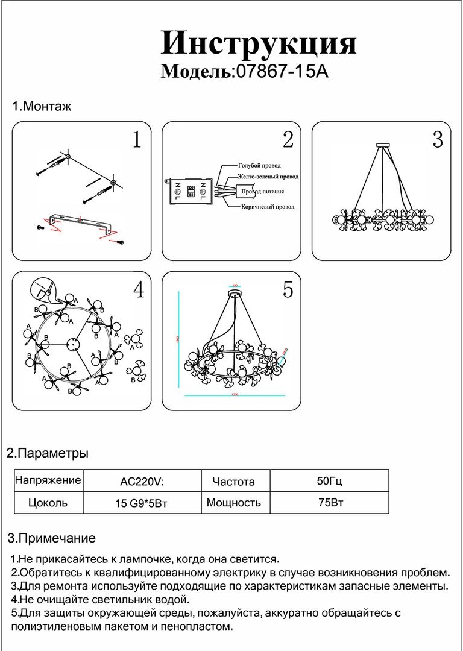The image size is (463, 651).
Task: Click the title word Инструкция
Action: (259, 43)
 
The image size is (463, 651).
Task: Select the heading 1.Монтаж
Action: (42, 107)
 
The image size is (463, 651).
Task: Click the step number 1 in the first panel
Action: (137, 140)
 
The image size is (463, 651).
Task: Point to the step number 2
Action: (288, 140)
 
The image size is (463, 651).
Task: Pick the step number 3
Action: (438, 140)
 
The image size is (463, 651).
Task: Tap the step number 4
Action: (139, 291)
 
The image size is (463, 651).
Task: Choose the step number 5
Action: (288, 290)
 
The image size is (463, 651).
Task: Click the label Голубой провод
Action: (259, 165)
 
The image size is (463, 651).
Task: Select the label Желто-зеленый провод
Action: (268, 177)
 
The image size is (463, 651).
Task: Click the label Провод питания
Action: (263, 192)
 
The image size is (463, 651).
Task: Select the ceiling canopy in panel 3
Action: (382, 145)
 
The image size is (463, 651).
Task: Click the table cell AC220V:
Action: (142, 482)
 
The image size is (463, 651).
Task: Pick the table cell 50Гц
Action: (329, 481)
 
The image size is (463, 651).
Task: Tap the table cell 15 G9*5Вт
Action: (141, 503)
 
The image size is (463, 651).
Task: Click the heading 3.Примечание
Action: (52, 538)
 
